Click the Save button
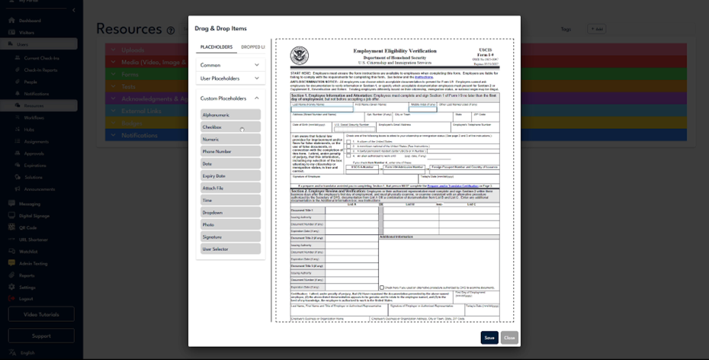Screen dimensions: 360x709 pyautogui.click(x=489, y=337)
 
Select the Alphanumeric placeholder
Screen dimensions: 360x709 pyautogui.click(x=230, y=114)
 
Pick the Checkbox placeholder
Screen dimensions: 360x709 pyautogui.click(x=230, y=127)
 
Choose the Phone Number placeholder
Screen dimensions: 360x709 pyautogui.click(x=230, y=151)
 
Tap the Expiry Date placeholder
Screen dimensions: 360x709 pyautogui.click(x=230, y=175)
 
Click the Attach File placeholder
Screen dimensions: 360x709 pyautogui.click(x=230, y=188)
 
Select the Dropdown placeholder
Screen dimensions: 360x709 pyautogui.click(x=230, y=212)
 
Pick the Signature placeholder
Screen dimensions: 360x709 pyautogui.click(x=230, y=236)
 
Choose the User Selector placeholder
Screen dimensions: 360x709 pyautogui.click(x=230, y=249)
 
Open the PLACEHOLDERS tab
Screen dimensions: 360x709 pyautogui.click(x=217, y=47)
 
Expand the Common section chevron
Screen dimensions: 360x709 pyautogui.click(x=257, y=66)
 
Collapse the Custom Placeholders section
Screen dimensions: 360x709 pyautogui.click(x=257, y=98)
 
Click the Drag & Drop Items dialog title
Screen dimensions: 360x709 pyautogui.click(x=221, y=28)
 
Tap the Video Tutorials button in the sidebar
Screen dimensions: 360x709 pyautogui.click(x=41, y=314)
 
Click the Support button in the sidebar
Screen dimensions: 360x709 pyautogui.click(x=41, y=336)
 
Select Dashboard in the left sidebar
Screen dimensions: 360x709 pyautogui.click(x=30, y=21)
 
